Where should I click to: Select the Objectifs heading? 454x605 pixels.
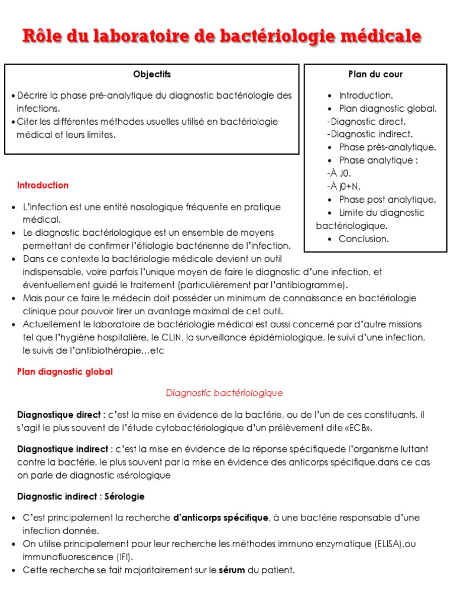coord(152,74)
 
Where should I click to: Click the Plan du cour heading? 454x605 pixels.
coord(375,74)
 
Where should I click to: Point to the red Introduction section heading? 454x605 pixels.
coord(43,186)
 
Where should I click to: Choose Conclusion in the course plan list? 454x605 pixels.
coord(364,239)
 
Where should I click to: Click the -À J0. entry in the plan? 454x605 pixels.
coord(338,174)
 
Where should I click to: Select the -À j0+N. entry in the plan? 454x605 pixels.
coord(343,187)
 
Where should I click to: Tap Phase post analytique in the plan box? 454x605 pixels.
coord(387,200)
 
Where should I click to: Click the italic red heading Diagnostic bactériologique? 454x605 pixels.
coord(224,393)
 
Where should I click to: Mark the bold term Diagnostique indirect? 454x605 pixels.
coord(63,450)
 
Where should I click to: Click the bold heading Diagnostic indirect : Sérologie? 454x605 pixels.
coord(81,496)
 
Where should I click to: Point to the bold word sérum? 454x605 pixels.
coord(232,570)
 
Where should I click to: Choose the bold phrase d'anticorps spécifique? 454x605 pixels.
coord(220,518)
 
